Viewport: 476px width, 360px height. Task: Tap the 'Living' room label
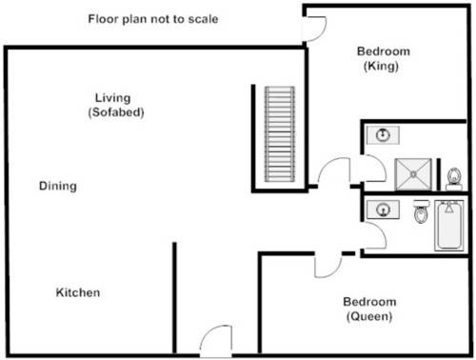112,97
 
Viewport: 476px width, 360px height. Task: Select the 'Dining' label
58,186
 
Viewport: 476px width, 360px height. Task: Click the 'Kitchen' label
77,292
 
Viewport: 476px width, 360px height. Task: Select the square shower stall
413,171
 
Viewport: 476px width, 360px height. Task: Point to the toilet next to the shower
454,176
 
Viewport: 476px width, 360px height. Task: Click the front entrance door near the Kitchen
215,341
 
